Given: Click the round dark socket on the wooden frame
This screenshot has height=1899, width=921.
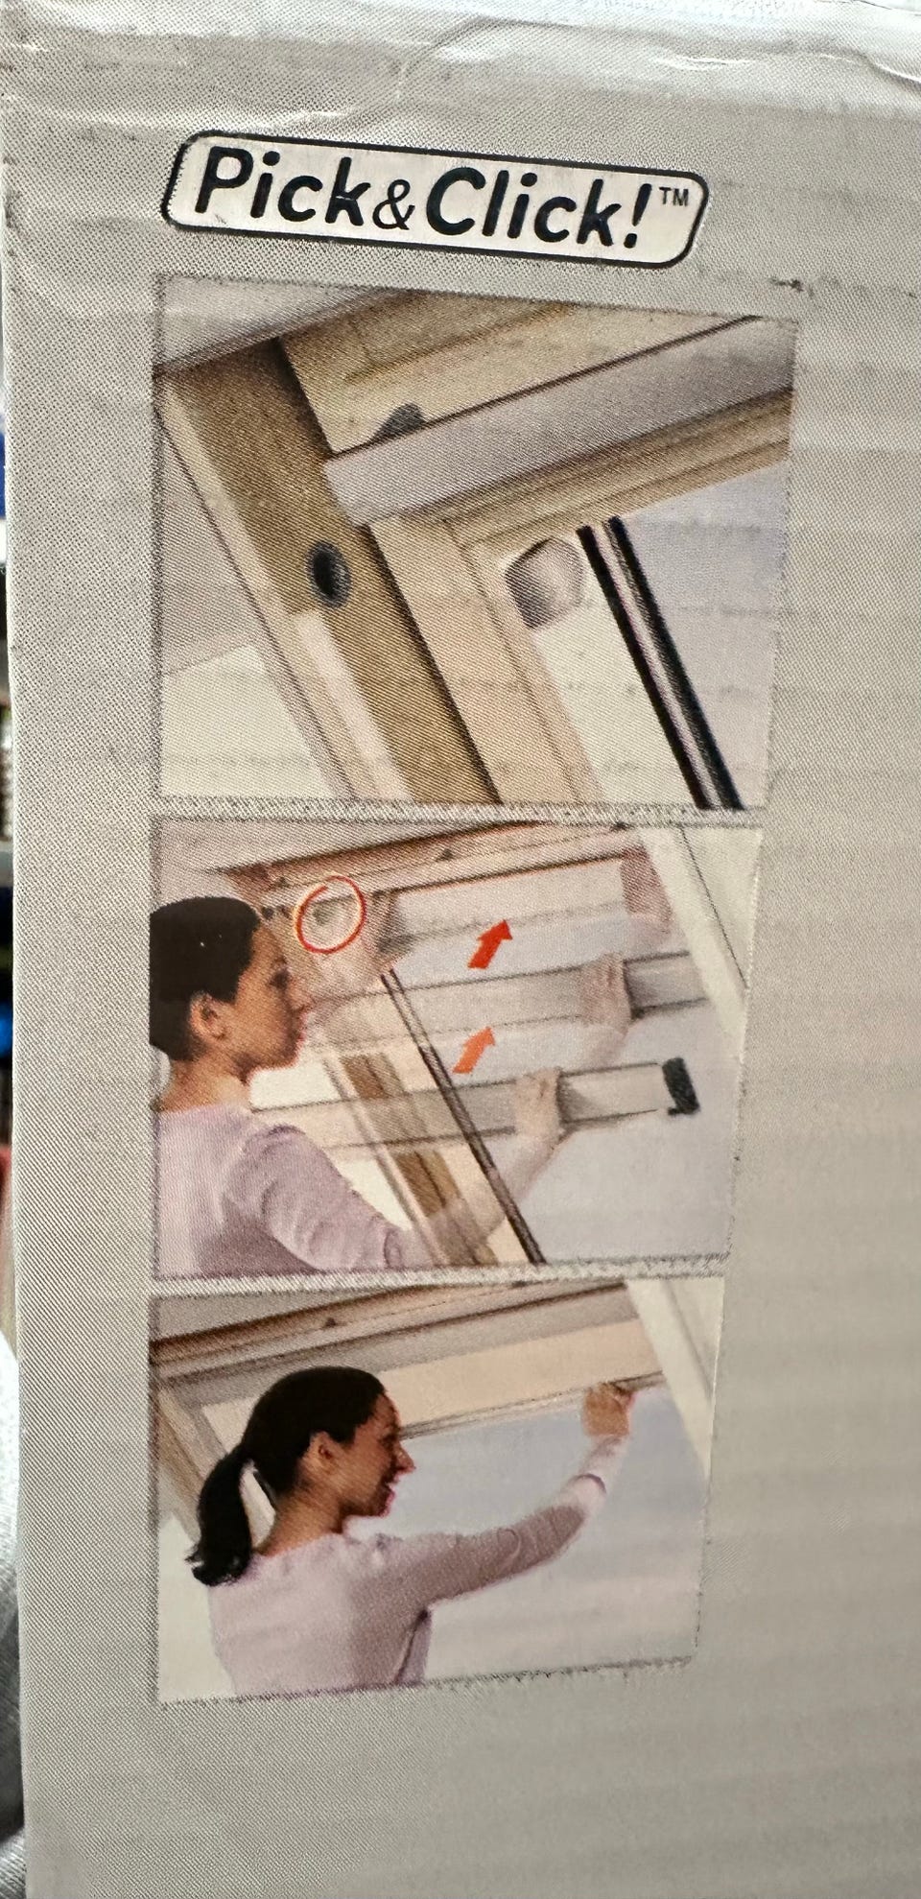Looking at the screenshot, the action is click(330, 572).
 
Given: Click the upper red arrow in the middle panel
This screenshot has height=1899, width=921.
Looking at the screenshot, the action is click(489, 942).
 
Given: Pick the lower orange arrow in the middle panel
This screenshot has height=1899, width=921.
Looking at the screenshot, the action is click(474, 1048).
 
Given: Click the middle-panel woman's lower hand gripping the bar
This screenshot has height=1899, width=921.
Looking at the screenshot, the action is click(538, 1104).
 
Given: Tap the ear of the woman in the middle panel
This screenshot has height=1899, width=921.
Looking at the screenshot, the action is click(207, 1009).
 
